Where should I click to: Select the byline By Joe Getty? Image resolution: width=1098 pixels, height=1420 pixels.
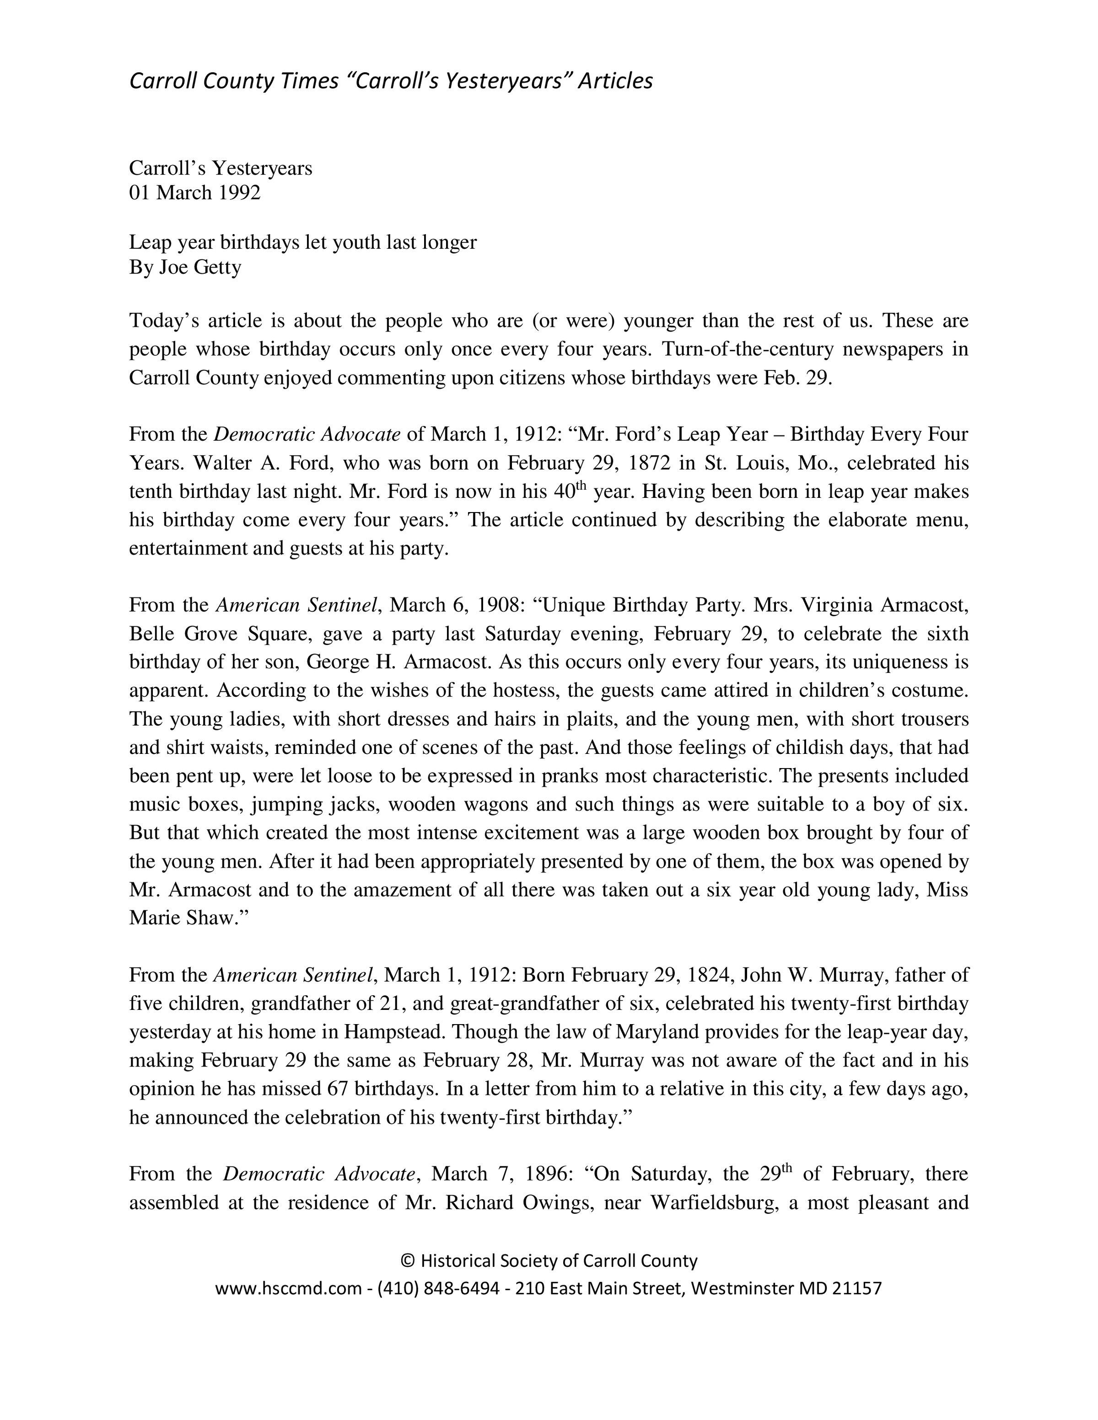point(185,267)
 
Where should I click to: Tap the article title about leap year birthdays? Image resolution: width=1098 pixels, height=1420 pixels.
point(302,242)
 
